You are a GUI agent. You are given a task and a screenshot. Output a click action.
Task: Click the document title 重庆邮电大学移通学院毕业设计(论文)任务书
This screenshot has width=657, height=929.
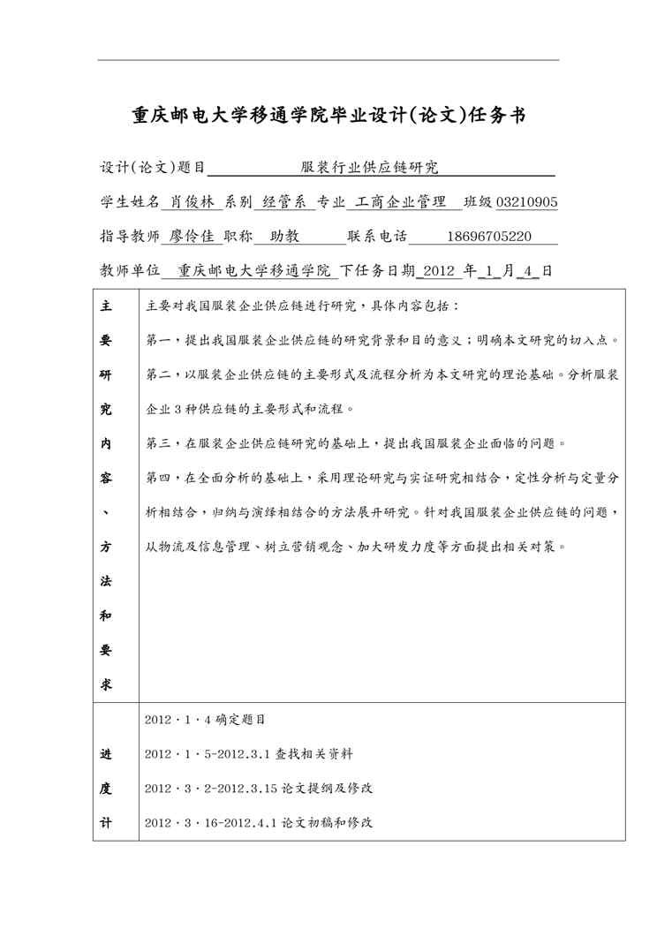[x=328, y=115]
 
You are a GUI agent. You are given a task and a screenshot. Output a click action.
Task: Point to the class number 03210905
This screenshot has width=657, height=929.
[x=526, y=201]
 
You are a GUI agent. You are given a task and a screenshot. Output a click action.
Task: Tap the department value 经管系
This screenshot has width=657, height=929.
[x=283, y=201]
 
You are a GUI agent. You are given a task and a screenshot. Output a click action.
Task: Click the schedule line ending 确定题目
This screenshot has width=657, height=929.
[x=204, y=720]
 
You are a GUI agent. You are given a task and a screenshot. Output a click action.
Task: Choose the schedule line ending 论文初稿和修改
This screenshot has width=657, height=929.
[x=258, y=822]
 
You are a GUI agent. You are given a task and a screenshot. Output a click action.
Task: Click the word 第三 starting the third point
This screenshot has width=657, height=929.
[x=155, y=442]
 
